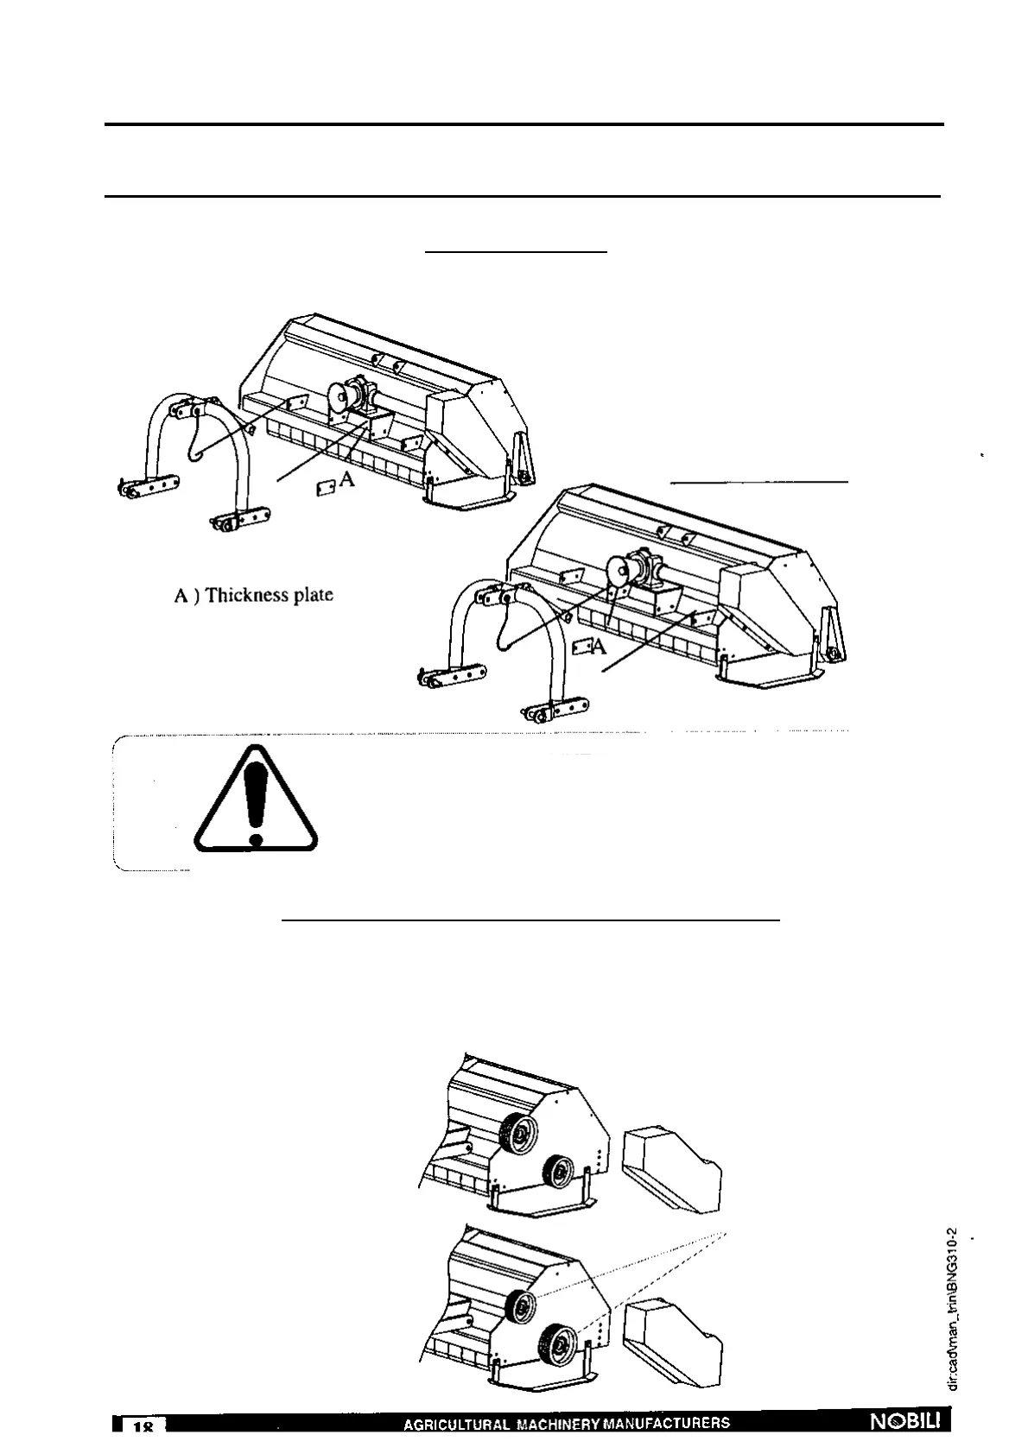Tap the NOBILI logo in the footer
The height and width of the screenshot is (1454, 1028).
[910, 1422]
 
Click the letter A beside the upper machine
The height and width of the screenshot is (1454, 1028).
[346, 481]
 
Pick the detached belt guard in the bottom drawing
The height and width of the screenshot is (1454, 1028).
[672, 1343]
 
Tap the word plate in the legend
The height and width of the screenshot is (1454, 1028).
[314, 595]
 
